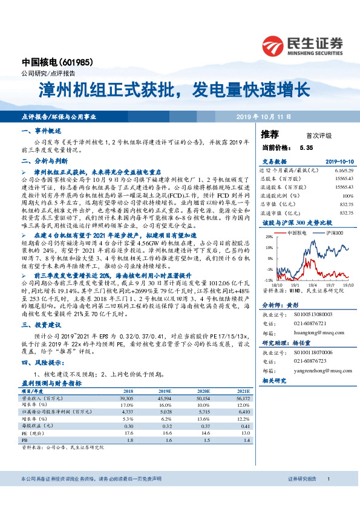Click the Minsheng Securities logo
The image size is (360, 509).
[x=302, y=45]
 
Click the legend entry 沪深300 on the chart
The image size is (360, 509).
[x=335, y=233]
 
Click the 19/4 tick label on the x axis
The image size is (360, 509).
[x=310, y=283]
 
